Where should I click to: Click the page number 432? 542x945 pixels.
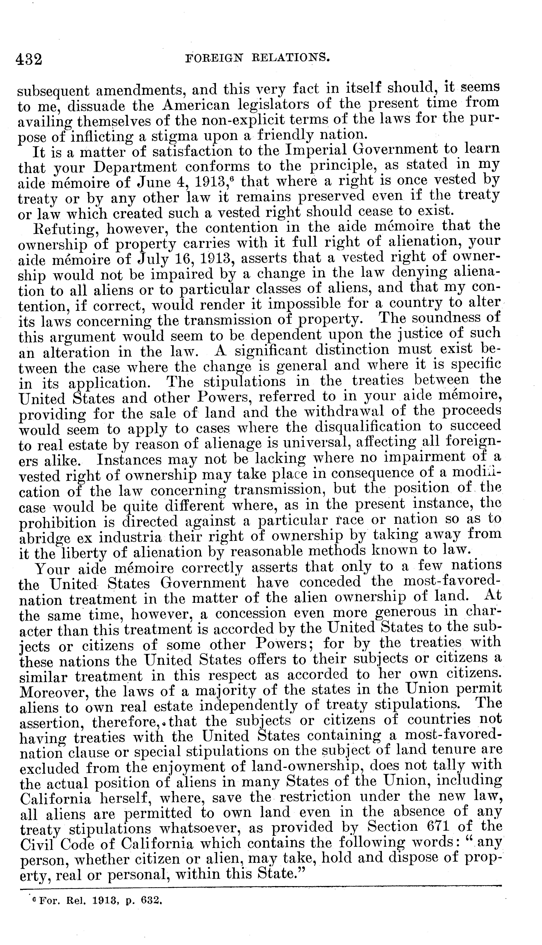29,59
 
